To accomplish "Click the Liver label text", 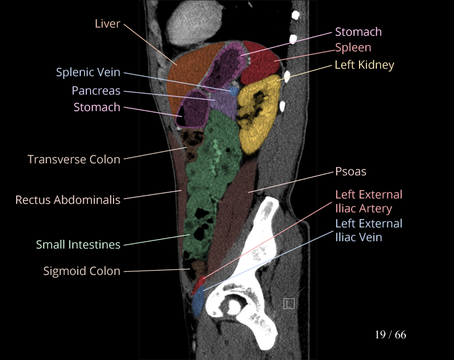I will pyautogui.click(x=107, y=24).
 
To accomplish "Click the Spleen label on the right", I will pyautogui.click(x=353, y=47).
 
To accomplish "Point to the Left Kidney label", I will pyautogui.click(x=364, y=65).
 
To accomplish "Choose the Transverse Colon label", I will pyautogui.click(x=74, y=159).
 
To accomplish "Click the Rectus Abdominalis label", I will pyautogui.click(x=68, y=200).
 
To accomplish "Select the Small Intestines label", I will pyautogui.click(x=78, y=245).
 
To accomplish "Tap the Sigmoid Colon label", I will pyautogui.click(x=81, y=271).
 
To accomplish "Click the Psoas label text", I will pyautogui.click(x=350, y=171).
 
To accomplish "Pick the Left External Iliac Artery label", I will pyautogui.click(x=368, y=202).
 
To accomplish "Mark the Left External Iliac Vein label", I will pyautogui.click(x=368, y=230).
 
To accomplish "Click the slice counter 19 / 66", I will pyautogui.click(x=390, y=335).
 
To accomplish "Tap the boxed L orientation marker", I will pyautogui.click(x=289, y=303).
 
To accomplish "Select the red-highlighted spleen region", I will pyautogui.click(x=259, y=62).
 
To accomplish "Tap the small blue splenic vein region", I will pyautogui.click(x=233, y=90).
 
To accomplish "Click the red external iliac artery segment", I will pyautogui.click(x=197, y=286).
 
